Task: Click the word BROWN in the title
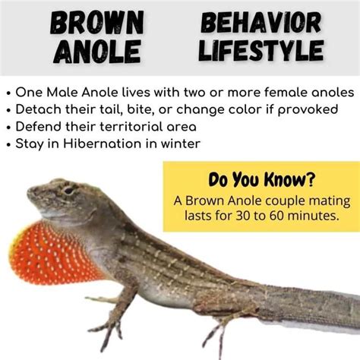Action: click(97, 23)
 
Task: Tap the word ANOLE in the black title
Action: click(97, 52)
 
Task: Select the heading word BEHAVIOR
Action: click(261, 23)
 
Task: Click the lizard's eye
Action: click(68, 190)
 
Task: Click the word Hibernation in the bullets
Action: click(102, 144)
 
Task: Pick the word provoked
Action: click(308, 110)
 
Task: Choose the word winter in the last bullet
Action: click(181, 144)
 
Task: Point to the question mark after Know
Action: click(311, 178)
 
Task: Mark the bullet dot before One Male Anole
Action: click(9, 93)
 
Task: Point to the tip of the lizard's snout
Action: click(28, 191)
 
